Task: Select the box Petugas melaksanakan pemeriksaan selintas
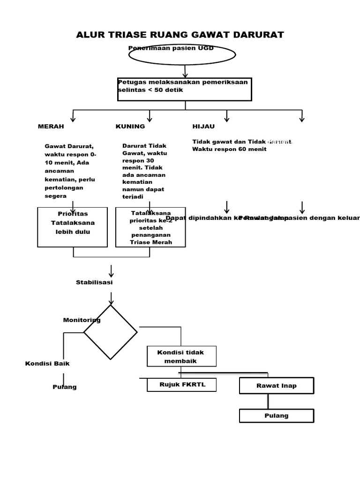click(x=185, y=89)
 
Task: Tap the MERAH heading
click(x=51, y=127)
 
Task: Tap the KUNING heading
click(x=130, y=127)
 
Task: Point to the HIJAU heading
click(x=203, y=127)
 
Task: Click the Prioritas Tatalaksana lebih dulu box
click(x=73, y=227)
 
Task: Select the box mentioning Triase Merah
click(x=150, y=227)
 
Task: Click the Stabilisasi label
click(x=94, y=282)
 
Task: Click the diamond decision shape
click(x=111, y=332)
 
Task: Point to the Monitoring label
click(x=82, y=320)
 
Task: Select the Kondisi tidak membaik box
click(x=181, y=356)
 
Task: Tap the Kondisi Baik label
click(x=47, y=363)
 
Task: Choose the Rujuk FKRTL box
click(x=182, y=385)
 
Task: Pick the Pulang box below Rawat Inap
click(x=276, y=416)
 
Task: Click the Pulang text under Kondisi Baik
click(x=64, y=387)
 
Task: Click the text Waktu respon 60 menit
click(x=229, y=149)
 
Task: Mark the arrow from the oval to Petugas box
click(x=185, y=71)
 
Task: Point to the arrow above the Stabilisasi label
click(x=111, y=271)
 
